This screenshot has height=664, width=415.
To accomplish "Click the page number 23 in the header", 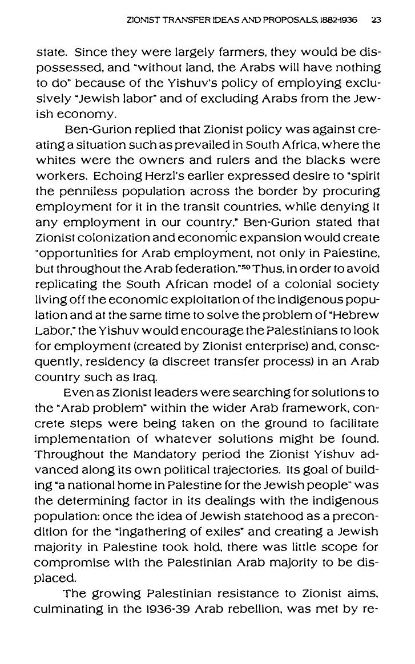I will click(x=376, y=20).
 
